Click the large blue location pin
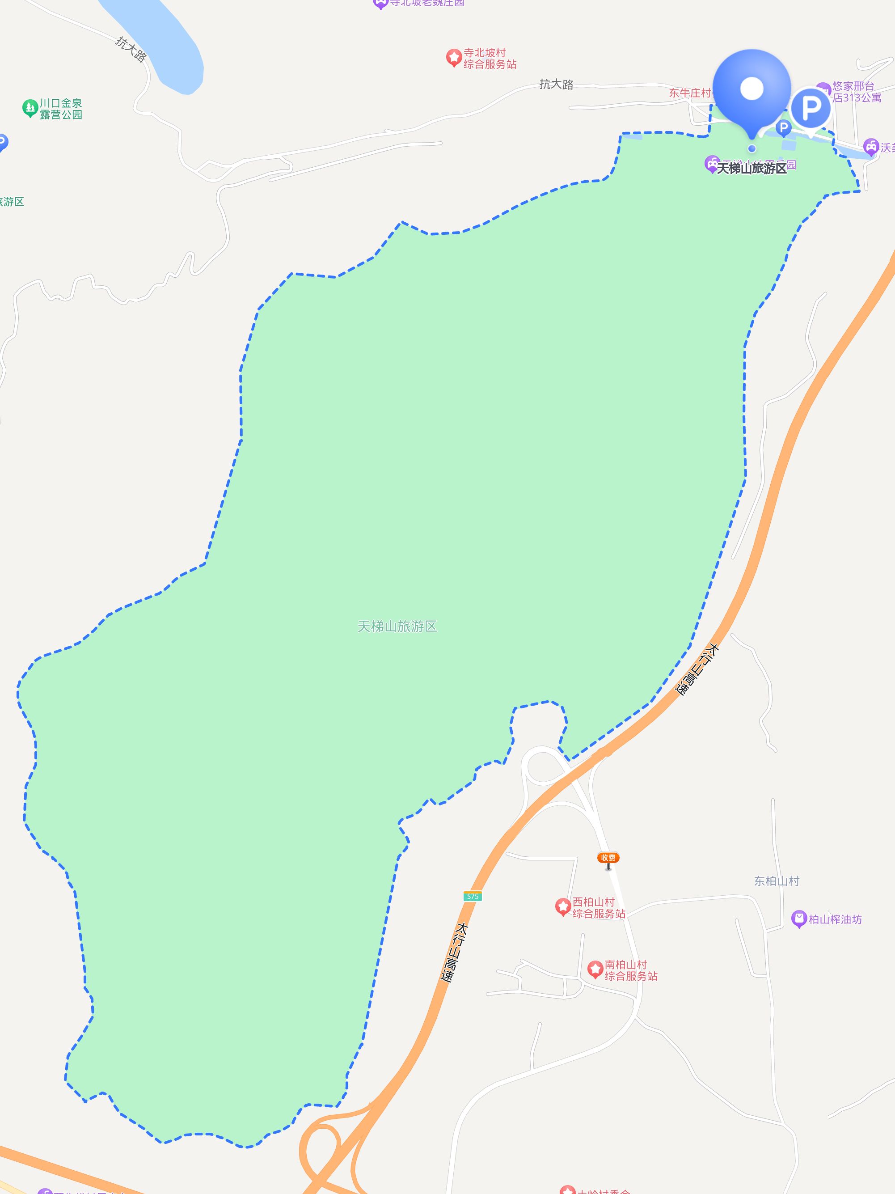point(751,89)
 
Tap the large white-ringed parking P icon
point(811,108)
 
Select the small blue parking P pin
point(783,128)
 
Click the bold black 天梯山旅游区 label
point(751,169)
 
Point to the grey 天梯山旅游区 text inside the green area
point(397,626)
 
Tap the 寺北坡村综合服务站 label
point(490,58)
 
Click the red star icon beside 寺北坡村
point(454,57)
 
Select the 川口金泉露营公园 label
point(60,109)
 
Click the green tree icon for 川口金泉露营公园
point(30,107)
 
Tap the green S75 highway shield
point(473,897)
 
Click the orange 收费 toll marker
point(608,858)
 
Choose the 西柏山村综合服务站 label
point(599,907)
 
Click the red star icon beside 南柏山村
point(595,969)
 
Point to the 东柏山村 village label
point(777,881)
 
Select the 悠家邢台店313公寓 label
point(857,92)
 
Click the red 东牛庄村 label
point(690,93)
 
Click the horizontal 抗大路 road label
point(556,84)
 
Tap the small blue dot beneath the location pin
point(752,148)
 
